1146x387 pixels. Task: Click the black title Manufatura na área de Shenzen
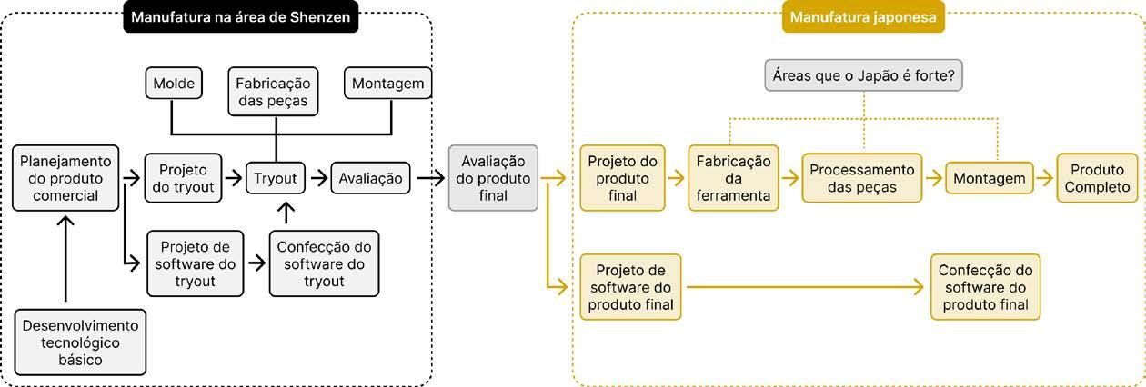tap(240, 17)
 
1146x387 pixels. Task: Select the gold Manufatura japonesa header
tap(863, 17)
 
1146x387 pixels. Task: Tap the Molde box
tap(174, 83)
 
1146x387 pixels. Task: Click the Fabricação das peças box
tap(273, 92)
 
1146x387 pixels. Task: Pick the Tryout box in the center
tap(276, 178)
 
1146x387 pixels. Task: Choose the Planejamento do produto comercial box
tap(65, 178)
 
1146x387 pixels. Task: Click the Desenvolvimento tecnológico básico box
tap(80, 342)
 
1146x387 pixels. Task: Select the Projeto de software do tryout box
tap(195, 263)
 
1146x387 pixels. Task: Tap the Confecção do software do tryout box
tap(325, 263)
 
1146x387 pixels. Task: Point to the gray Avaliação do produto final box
tap(493, 178)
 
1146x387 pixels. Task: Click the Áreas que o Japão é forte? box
tap(864, 75)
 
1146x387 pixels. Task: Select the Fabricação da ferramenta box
tap(734, 178)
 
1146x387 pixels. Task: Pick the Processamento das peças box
tap(862, 178)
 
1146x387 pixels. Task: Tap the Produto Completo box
tap(1098, 178)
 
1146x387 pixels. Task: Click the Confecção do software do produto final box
tap(985, 287)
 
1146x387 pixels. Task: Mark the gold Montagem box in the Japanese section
tap(990, 178)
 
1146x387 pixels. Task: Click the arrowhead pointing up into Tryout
tap(286, 207)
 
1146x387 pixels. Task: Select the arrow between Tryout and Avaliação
tap(319, 178)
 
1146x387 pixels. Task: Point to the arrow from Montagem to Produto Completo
tap(1045, 178)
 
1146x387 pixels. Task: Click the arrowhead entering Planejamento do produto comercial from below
tap(65, 221)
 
